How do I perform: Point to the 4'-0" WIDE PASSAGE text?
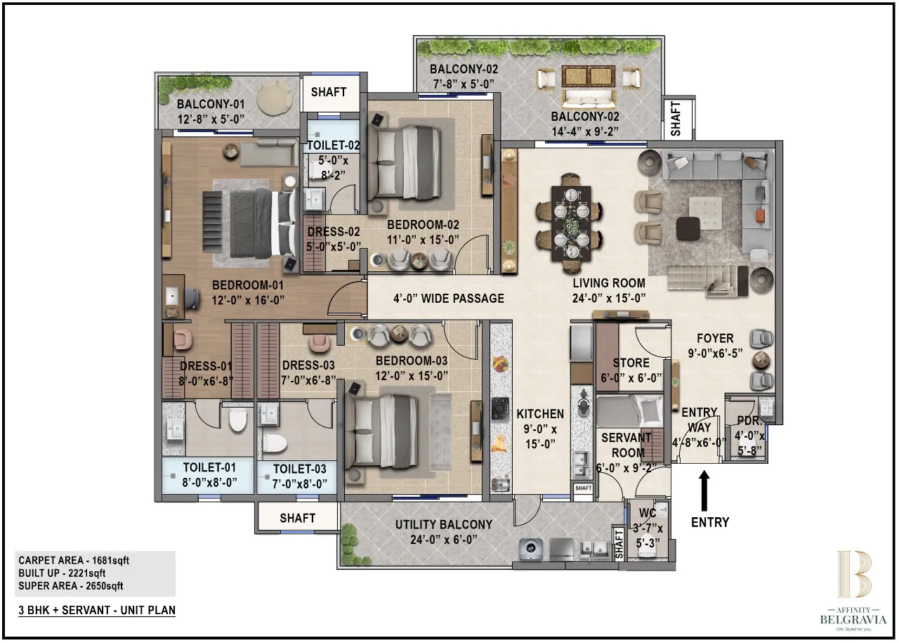(448, 298)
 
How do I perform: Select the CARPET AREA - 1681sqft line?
(74, 560)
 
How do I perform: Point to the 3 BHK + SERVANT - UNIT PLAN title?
(97, 610)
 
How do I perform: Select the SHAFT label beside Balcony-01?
(328, 92)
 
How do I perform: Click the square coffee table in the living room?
(704, 211)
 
